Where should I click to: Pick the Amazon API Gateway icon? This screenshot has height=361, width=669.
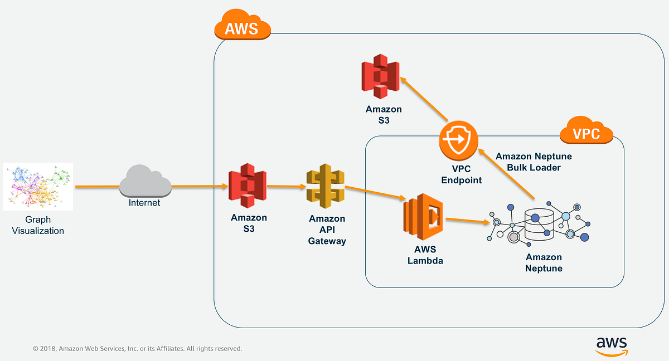(x=326, y=186)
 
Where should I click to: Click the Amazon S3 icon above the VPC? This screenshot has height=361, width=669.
(x=380, y=76)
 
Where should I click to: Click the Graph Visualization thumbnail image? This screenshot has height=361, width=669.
(x=38, y=186)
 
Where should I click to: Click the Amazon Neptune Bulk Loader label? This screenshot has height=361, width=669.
(x=534, y=162)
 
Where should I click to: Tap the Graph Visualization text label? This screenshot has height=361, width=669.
(x=38, y=225)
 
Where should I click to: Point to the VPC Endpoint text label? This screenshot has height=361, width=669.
(x=460, y=175)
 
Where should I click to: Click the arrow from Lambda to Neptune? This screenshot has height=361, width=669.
(x=468, y=221)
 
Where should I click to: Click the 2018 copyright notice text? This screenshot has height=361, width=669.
(x=137, y=349)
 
